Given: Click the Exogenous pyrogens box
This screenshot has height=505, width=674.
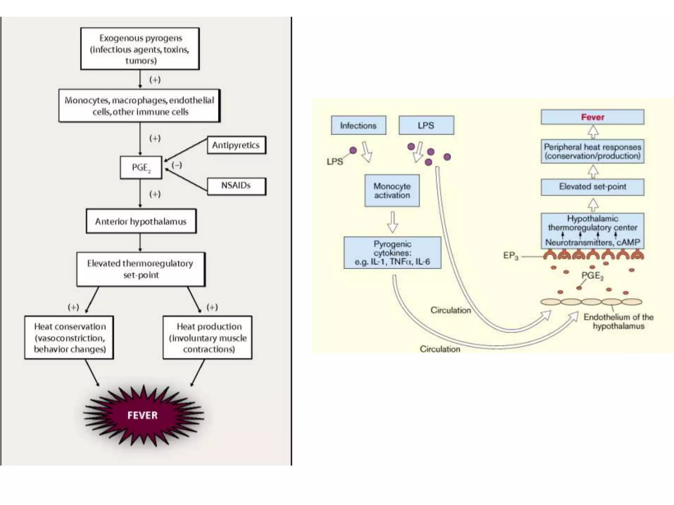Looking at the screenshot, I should [x=140, y=49].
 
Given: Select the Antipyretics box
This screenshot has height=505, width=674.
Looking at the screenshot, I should [x=236, y=145].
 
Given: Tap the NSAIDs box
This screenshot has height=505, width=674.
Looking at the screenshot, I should [x=236, y=186].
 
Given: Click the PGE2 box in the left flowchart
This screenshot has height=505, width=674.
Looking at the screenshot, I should [x=141, y=168].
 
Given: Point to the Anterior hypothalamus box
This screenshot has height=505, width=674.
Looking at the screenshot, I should [x=141, y=221].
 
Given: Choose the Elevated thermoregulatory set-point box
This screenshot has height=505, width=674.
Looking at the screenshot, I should [x=141, y=269].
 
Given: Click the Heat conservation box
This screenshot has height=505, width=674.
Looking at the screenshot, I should [x=69, y=337].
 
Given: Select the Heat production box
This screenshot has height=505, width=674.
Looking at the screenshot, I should [x=208, y=337].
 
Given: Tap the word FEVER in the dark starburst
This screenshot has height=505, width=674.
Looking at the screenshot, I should [x=143, y=415].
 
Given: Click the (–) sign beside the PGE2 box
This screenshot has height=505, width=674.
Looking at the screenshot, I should [x=177, y=165].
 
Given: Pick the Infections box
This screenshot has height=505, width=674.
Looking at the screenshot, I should [x=358, y=125].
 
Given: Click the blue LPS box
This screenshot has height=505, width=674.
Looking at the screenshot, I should [x=426, y=125].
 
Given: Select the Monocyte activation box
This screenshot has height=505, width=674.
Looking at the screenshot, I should [x=392, y=191].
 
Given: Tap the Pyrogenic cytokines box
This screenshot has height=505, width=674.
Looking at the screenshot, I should [x=392, y=253].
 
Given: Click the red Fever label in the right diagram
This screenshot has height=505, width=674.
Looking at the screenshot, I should [x=592, y=117].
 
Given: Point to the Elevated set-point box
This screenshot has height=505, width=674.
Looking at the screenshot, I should [x=592, y=187].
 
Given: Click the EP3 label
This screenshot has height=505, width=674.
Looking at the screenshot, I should [x=510, y=255].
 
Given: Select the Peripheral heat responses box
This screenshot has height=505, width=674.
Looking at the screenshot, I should [x=592, y=151].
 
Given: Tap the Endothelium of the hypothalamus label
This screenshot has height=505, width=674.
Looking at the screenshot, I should [x=618, y=322].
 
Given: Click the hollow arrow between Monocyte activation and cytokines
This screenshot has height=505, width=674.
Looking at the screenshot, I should [x=393, y=222].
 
